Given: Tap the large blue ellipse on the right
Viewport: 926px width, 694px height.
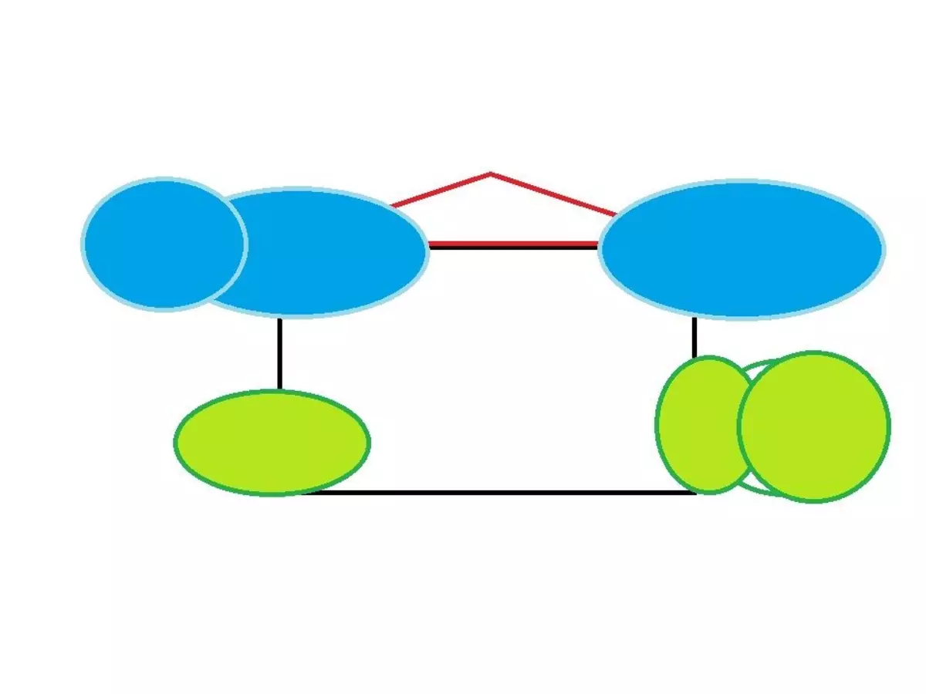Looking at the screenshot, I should [742, 249].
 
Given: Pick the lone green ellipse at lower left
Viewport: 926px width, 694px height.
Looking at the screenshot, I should [272, 443].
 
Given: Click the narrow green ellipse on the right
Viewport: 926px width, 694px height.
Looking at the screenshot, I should [698, 424].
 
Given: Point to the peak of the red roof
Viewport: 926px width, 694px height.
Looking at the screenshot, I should [491, 174].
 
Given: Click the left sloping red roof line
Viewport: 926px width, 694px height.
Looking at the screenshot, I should [441, 190].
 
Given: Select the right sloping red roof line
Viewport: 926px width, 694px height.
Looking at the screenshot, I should [553, 194].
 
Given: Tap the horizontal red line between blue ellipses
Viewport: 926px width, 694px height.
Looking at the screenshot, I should [513, 244].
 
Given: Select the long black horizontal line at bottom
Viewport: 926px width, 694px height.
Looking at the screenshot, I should [502, 492].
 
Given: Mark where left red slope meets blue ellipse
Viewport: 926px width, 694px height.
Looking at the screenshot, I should [393, 206].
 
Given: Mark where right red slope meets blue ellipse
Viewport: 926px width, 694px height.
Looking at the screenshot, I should [615, 214].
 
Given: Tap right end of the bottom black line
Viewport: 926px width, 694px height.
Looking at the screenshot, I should [695, 492].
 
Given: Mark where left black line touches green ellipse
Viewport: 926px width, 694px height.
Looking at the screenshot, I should [279, 390].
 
